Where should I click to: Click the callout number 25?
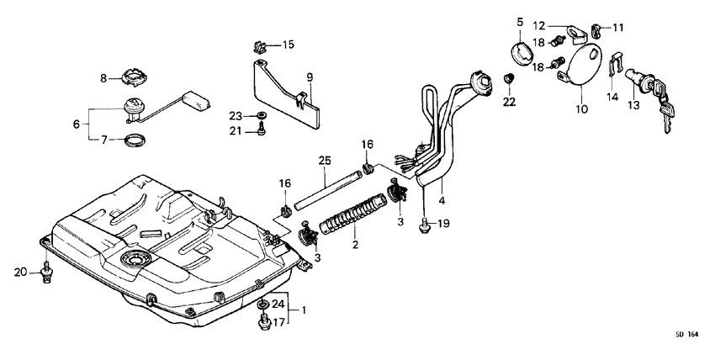click(325, 161)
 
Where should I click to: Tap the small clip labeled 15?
click(261, 43)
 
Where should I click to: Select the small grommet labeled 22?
click(509, 79)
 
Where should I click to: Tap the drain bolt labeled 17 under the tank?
click(262, 322)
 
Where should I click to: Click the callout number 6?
click(77, 124)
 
